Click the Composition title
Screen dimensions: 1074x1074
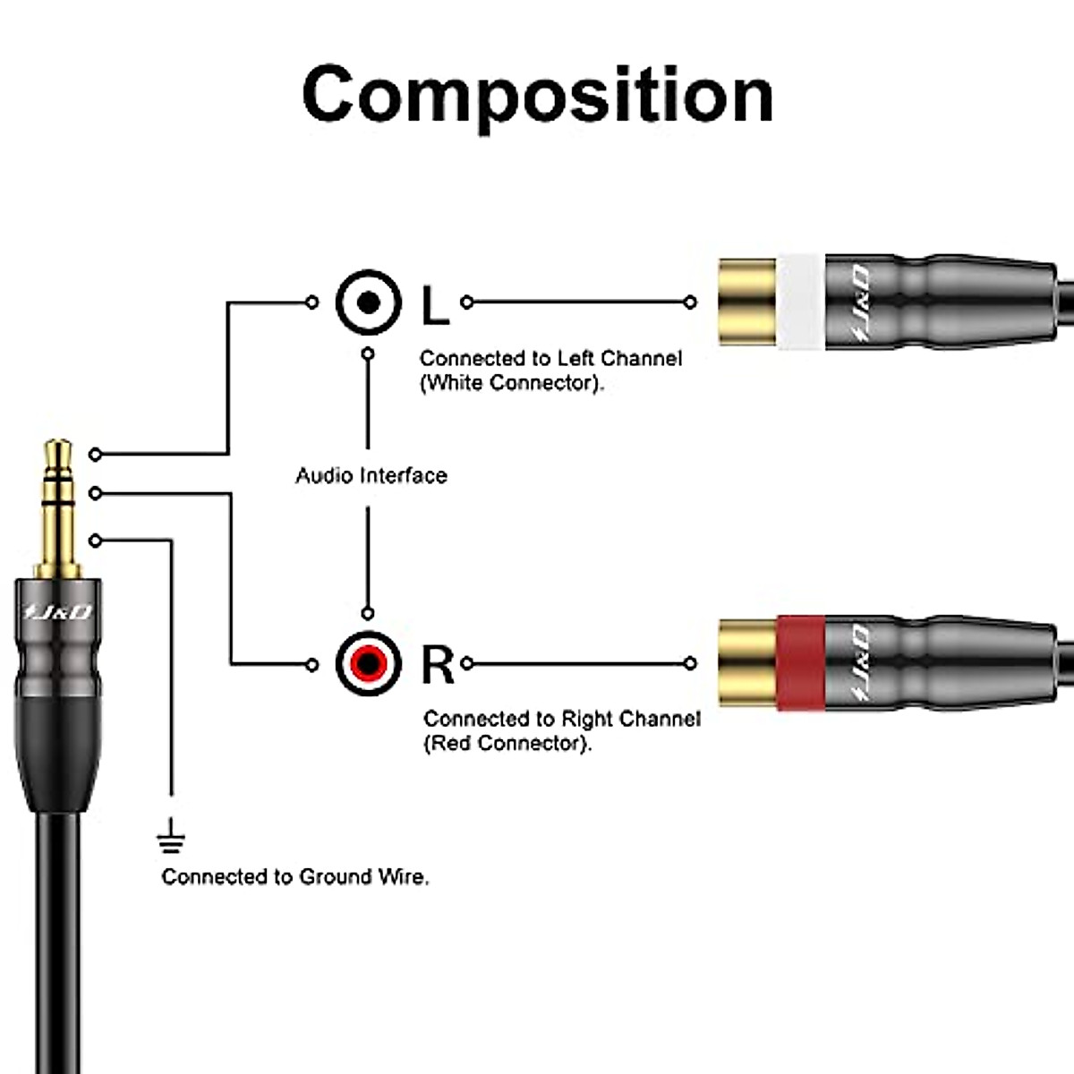[x=537, y=95]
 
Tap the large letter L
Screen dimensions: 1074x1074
[x=435, y=305]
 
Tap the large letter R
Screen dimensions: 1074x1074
[x=438, y=665]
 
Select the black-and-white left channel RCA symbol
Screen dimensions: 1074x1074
[x=368, y=303]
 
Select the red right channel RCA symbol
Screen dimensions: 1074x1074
[x=368, y=663]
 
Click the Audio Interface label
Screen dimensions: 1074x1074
[x=371, y=475]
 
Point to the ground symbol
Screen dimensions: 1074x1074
[x=170, y=840]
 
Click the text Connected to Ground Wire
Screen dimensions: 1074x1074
[x=295, y=877]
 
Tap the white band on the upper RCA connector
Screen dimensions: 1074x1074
[x=799, y=303]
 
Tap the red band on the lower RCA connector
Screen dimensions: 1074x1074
[x=799, y=663]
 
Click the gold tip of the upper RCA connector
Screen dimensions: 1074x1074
[x=746, y=303]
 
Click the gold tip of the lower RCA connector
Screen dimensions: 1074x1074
[x=746, y=663]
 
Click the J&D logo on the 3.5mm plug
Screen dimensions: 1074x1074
[x=58, y=612]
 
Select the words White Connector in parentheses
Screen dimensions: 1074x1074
[x=512, y=383]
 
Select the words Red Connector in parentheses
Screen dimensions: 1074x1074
[x=507, y=744]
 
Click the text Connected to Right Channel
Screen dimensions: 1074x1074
[x=562, y=719]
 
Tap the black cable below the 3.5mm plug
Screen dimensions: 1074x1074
[x=58, y=940]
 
